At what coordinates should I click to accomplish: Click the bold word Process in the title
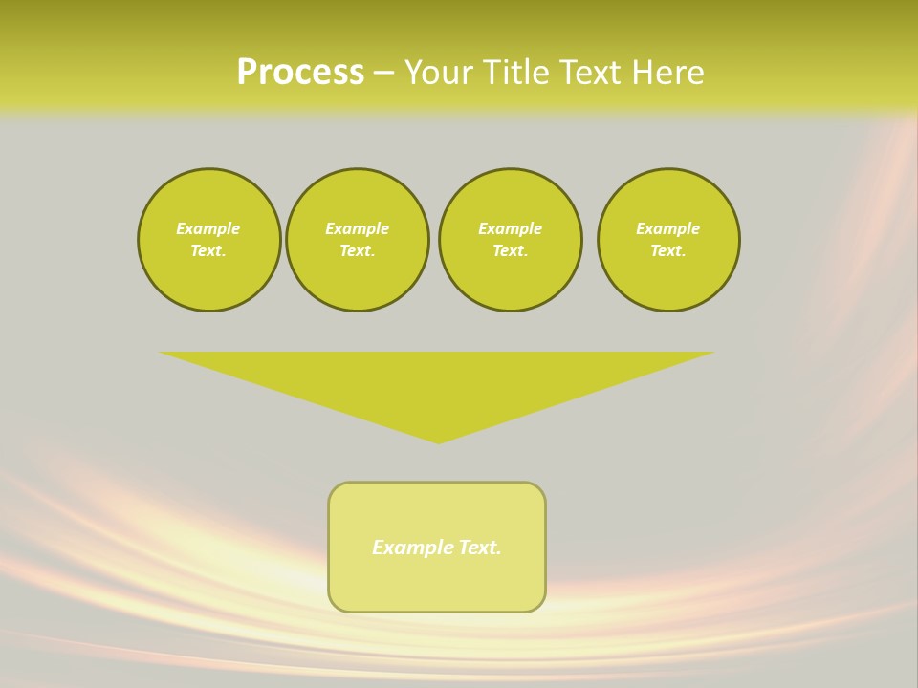click(300, 73)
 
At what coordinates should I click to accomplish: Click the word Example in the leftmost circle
click(208, 228)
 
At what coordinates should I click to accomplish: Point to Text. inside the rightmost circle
click(668, 250)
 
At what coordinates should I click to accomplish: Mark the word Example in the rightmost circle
click(668, 228)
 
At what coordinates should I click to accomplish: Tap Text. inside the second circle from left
click(357, 250)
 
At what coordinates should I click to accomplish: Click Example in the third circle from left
click(510, 228)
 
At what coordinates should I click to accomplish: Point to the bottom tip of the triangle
click(438, 441)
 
